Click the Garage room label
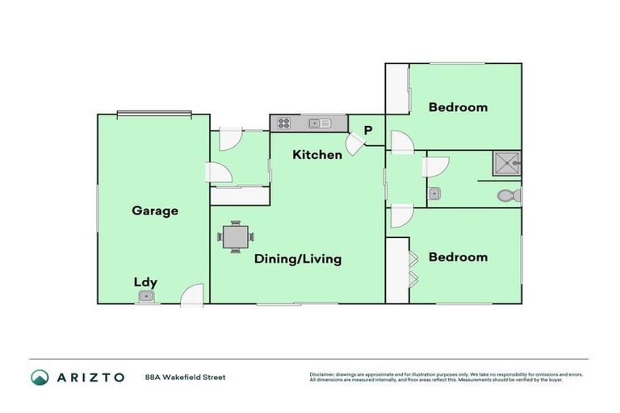[x=155, y=211]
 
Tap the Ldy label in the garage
[x=145, y=282]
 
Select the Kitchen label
[x=317, y=154]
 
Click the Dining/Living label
[x=298, y=259]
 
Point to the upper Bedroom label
[x=458, y=106]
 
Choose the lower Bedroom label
[x=458, y=257]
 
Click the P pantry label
[x=368, y=130]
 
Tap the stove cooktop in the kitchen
[x=284, y=123]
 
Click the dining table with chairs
[x=235, y=237]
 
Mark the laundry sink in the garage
[x=145, y=297]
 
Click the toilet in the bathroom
[x=508, y=195]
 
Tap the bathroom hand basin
[x=434, y=194]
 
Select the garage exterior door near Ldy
[x=192, y=295]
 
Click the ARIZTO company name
[x=90, y=377]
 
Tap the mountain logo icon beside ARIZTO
[x=40, y=377]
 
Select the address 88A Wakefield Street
[x=185, y=377]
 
